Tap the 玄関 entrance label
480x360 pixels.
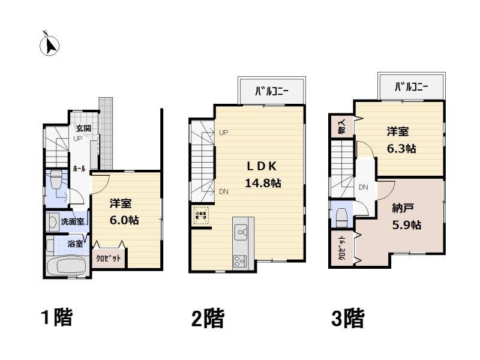click(83, 128)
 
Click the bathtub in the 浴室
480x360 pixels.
click(67, 264)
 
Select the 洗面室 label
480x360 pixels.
click(73, 221)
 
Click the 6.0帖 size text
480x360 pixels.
click(124, 220)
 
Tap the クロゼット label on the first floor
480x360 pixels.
click(109, 258)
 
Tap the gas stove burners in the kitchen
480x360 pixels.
click(239, 261)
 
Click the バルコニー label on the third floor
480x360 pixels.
click(411, 88)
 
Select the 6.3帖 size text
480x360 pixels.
click(401, 148)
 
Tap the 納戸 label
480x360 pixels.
click(401, 209)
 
